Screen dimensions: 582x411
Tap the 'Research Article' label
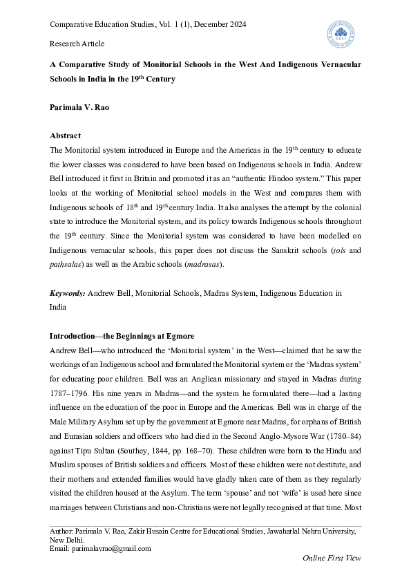(x=77, y=44)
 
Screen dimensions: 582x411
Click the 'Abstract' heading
(x=65, y=135)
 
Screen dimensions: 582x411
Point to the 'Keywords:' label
(x=68, y=312)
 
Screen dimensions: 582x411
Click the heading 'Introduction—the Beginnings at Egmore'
(x=122, y=336)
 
